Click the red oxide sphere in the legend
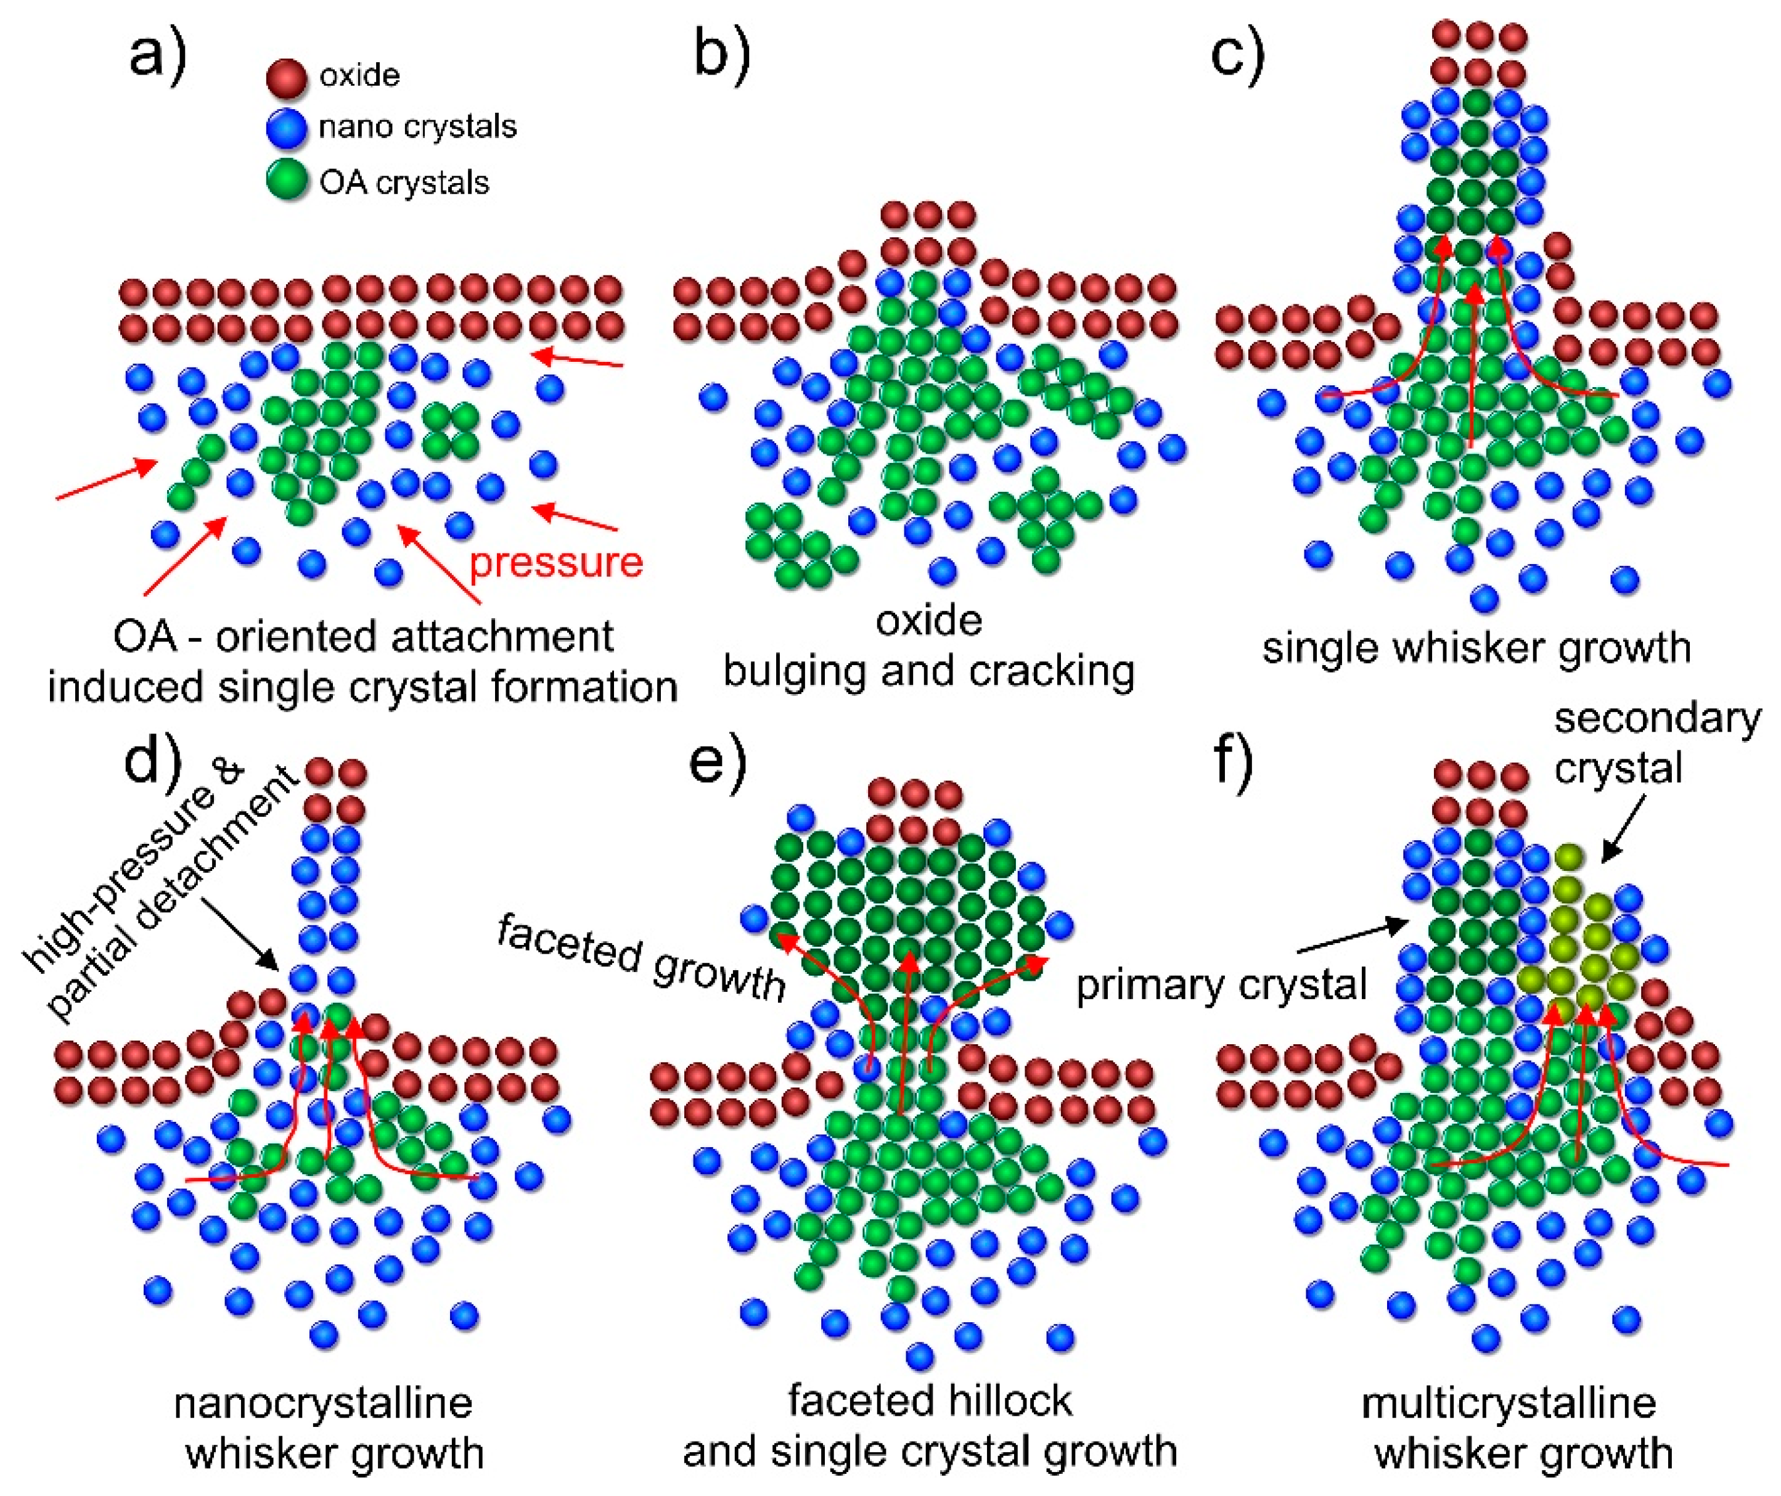(286, 77)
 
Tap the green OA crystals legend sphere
(286, 181)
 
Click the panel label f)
(1234, 762)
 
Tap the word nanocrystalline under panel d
(323, 1404)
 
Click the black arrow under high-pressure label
(241, 941)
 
